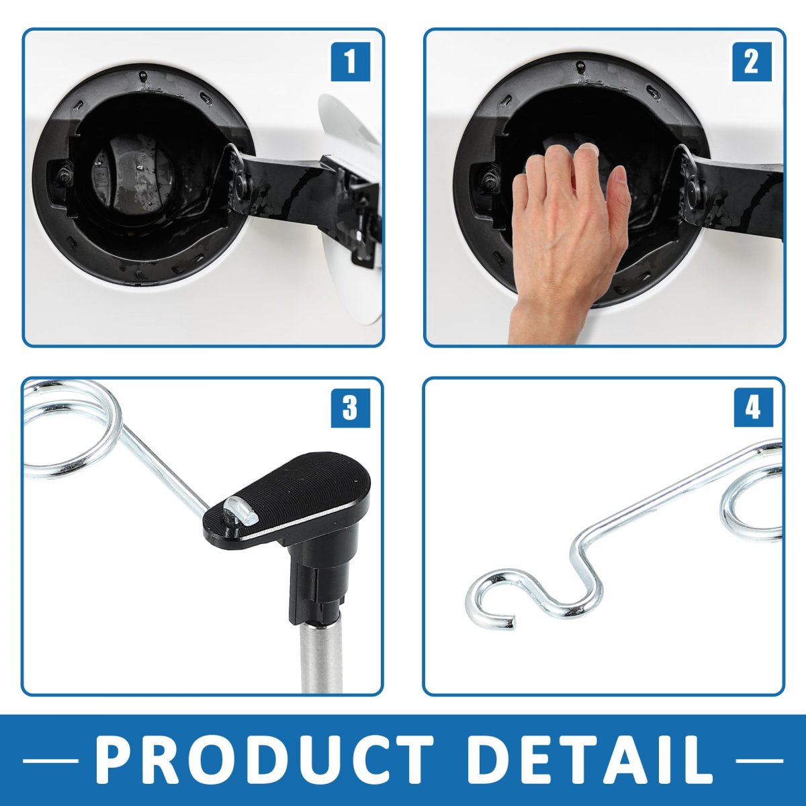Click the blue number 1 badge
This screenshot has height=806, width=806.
point(351,62)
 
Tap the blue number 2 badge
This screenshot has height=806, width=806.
point(752,62)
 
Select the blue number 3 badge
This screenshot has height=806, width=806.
point(351,408)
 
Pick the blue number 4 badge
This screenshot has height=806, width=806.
point(753,408)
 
